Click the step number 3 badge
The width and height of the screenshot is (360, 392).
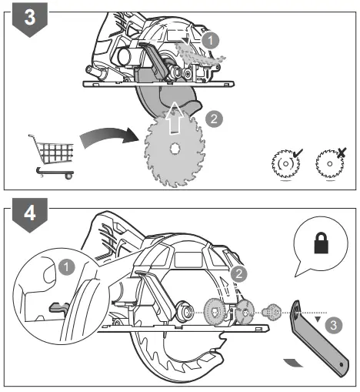coord(28,18)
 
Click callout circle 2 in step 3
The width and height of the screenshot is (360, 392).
coord(215,118)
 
